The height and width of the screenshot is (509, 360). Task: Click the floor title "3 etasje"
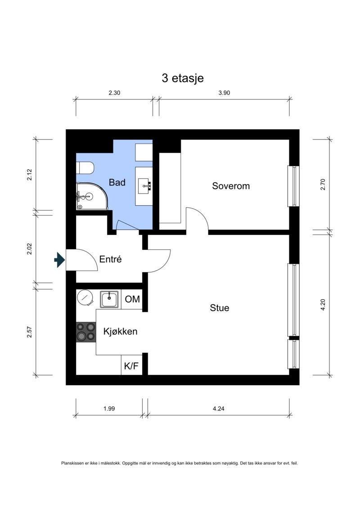coord(182,78)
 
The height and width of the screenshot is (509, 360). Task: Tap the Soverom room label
coord(231,186)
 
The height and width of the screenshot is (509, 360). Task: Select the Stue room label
coord(220,308)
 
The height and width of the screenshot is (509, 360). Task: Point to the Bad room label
coord(117,182)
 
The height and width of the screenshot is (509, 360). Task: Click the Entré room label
coord(110,259)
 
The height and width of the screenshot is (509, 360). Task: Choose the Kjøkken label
coord(121,331)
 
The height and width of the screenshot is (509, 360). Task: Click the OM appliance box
coord(132,299)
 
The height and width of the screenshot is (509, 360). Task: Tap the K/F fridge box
coord(131,365)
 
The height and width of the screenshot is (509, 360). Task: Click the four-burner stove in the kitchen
coord(86,332)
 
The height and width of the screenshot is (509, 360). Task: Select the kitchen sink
coord(109,299)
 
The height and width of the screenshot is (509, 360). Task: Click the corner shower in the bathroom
coord(92,196)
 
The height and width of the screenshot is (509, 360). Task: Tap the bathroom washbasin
coord(144,186)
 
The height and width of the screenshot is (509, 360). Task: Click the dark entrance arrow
coord(59,260)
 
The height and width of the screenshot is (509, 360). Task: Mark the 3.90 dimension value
coord(224,93)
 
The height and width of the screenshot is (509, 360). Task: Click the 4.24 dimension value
coord(218,409)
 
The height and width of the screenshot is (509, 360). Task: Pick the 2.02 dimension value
coord(30,249)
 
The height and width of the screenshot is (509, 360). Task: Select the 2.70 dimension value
coord(323,185)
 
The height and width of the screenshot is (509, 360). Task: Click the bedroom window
coord(293,186)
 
